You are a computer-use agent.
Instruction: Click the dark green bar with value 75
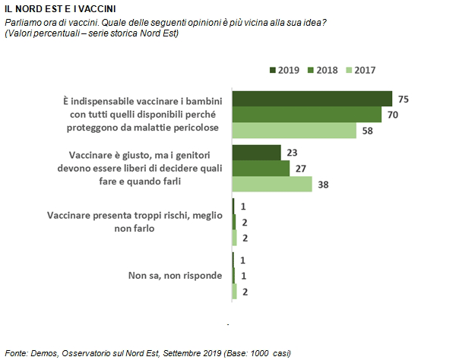[312, 99]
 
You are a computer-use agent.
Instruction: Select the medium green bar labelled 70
[307, 115]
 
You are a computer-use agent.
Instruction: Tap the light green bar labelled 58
[294, 131]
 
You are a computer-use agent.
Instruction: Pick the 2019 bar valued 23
[257, 153]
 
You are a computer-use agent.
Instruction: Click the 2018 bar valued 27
[261, 169]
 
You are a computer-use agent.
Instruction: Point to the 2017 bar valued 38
[272, 184]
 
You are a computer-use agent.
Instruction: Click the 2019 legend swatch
[273, 71]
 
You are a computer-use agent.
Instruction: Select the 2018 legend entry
[323, 71]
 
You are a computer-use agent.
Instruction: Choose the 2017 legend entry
[361, 71]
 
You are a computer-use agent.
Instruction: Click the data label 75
[404, 99]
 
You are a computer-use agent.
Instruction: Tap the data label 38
[323, 185]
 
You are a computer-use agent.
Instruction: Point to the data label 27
[301, 169]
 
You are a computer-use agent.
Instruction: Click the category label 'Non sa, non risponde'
[175, 276]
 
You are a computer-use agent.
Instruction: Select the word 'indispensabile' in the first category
[103, 102]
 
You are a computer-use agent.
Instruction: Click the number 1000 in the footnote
[259, 353]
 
